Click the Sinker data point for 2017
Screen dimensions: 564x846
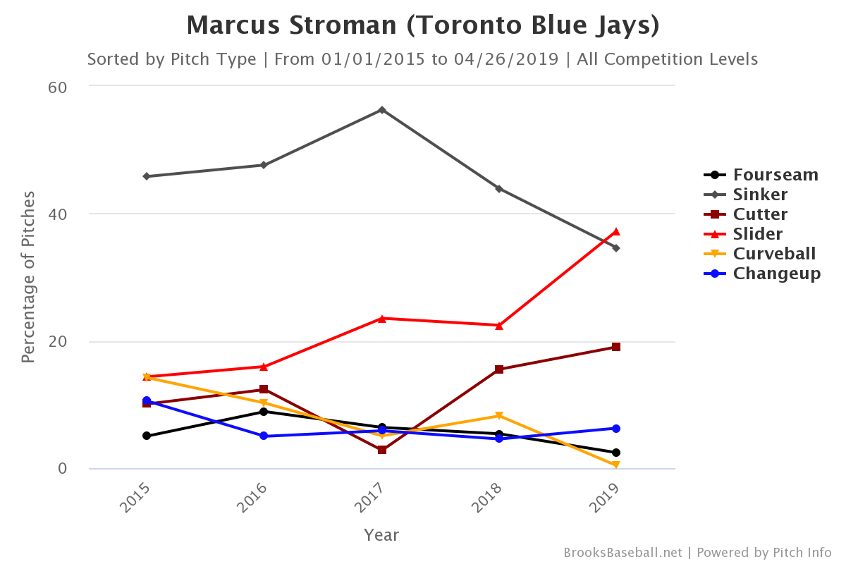(x=381, y=110)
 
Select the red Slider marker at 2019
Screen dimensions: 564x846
(x=616, y=231)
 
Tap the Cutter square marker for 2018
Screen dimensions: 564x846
(x=499, y=369)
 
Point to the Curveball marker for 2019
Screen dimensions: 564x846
(x=616, y=465)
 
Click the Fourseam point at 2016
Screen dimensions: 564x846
(x=264, y=412)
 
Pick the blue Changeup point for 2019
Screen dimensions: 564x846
(x=616, y=429)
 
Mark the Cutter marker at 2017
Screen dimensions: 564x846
(x=381, y=450)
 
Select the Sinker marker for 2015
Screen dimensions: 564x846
(x=147, y=176)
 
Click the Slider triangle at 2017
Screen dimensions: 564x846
(x=381, y=318)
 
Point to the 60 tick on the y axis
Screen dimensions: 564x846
(x=57, y=87)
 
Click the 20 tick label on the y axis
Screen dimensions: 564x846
(x=57, y=341)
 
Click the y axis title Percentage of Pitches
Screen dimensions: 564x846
(x=27, y=277)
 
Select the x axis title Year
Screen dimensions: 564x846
(x=381, y=535)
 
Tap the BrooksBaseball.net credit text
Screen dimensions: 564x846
(x=623, y=553)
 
